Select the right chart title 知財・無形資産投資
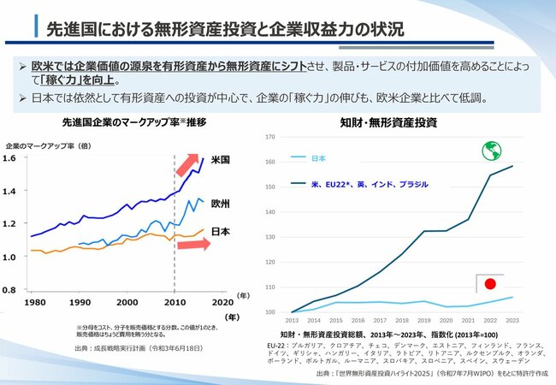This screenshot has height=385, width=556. [399, 122]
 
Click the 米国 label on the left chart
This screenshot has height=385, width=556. [220, 160]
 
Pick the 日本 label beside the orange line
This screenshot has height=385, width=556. [220, 232]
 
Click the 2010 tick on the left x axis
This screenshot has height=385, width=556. [174, 302]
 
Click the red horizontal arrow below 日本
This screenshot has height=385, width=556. [192, 246]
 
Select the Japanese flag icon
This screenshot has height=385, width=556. [490, 284]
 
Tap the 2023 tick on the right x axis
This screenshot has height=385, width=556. [512, 320]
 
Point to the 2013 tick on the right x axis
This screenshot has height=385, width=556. [291, 320]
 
